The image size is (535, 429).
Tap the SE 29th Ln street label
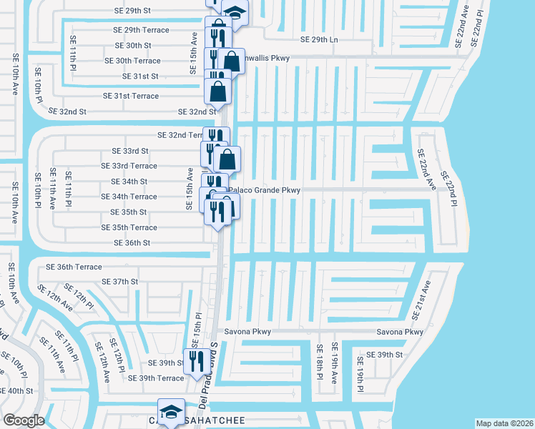coord(319,39)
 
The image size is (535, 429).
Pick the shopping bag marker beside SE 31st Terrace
coord(218,92)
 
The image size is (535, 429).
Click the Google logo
coord(24,420)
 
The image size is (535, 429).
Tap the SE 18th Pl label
coord(320,362)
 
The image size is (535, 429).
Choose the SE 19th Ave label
coord(334,363)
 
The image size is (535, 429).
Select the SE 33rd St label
coord(130,151)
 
